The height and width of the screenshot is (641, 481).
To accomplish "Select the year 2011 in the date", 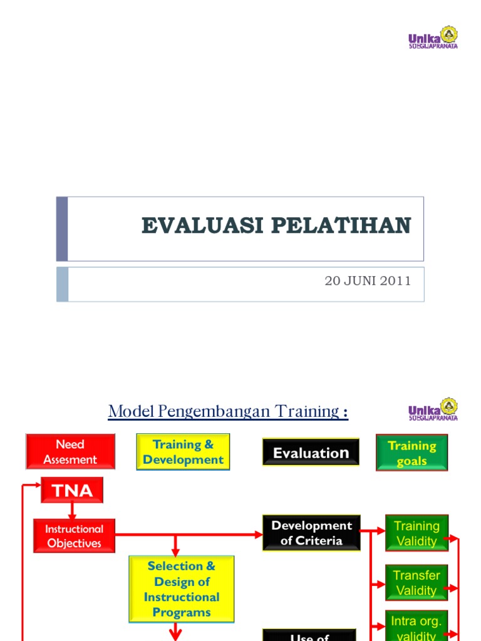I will click(398, 280).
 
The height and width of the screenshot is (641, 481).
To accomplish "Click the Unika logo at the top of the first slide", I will click(433, 38).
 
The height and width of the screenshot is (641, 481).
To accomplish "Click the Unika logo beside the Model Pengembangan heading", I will click(433, 409).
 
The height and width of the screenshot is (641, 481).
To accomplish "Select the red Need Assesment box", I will click(70, 452).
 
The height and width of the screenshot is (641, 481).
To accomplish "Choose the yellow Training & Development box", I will click(183, 452).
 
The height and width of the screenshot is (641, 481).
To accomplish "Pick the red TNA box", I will click(72, 490).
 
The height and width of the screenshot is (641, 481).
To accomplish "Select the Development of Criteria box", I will click(311, 533).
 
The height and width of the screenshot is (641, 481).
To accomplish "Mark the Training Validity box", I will click(416, 533).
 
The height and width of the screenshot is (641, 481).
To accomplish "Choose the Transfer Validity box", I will click(416, 583).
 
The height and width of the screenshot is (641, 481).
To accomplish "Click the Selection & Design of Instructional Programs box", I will click(182, 589).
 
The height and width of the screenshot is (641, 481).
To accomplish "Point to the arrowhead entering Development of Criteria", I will click(259, 535).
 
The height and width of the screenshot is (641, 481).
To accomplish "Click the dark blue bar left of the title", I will click(61, 229).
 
